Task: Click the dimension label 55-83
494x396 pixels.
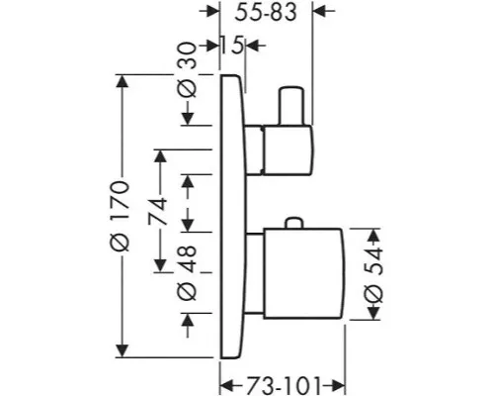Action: [x=266, y=13]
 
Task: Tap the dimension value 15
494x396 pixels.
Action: [x=231, y=45]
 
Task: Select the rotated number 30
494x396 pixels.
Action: [x=187, y=54]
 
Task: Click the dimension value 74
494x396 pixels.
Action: [x=158, y=211]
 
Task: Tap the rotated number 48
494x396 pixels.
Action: [x=187, y=258]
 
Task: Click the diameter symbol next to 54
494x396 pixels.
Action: [x=374, y=292]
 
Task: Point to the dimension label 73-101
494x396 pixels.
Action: [x=284, y=385]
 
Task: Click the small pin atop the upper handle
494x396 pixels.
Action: [x=290, y=106]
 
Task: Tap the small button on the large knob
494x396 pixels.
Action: [x=294, y=223]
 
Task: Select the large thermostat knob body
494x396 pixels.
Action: [x=304, y=273]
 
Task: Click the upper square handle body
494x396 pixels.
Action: [x=288, y=149]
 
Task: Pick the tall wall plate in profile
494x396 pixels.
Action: [x=233, y=217]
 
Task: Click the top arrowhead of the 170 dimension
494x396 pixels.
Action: [x=123, y=81]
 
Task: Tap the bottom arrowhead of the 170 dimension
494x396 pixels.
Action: [x=123, y=351]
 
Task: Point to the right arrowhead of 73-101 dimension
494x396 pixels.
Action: [x=338, y=385]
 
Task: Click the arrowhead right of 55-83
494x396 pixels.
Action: [x=319, y=11]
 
